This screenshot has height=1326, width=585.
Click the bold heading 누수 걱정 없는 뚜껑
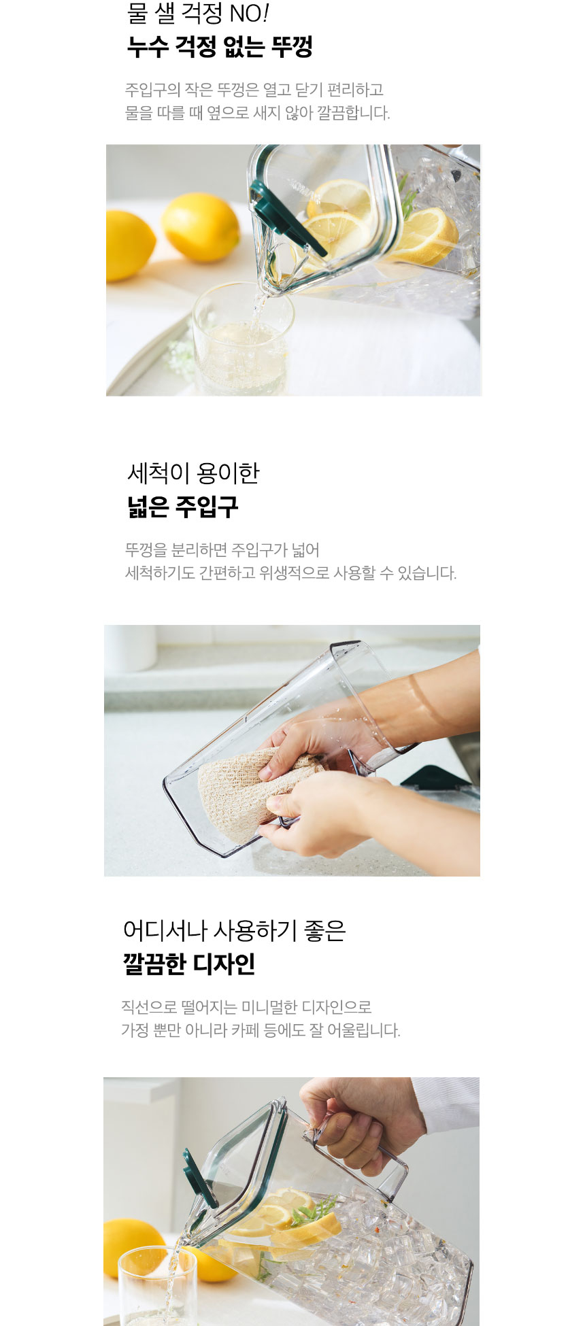click(220, 47)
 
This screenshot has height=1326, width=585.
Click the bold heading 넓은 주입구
click(183, 507)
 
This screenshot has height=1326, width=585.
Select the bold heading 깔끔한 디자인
click(189, 964)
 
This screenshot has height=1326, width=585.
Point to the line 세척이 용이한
click(193, 473)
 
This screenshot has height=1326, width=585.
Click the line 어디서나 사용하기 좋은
click(235, 930)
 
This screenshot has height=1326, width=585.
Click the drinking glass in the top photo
click(242, 340)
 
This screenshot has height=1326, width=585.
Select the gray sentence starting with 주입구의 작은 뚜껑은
click(254, 90)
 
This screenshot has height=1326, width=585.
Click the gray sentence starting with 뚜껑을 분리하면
click(222, 549)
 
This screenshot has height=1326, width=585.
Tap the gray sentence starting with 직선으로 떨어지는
click(246, 1006)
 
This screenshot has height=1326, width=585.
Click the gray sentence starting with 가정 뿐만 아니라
click(261, 1030)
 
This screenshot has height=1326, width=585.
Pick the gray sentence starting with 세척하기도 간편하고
click(290, 573)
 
